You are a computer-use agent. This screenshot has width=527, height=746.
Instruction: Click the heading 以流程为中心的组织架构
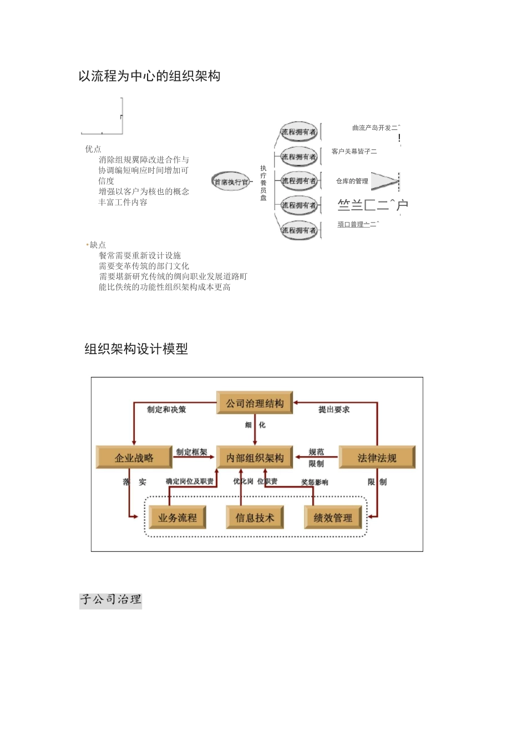149,76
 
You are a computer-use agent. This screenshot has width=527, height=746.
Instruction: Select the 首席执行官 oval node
231,182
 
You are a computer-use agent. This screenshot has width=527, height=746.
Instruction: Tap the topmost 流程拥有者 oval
298,132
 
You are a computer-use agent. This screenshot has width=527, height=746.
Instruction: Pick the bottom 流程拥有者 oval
298,230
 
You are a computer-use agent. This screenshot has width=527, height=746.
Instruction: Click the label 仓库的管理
352,181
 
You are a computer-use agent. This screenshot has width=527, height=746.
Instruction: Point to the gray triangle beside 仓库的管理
384,181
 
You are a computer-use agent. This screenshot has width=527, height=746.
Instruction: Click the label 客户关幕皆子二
354,151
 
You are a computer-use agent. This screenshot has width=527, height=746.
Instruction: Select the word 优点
93,149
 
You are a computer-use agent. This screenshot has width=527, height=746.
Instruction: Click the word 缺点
97,245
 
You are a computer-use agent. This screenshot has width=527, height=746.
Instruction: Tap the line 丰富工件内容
123,202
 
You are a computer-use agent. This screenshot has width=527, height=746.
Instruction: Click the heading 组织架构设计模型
136,349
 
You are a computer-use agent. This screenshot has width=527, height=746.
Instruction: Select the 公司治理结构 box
255,404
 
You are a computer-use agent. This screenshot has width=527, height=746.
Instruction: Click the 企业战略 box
134,457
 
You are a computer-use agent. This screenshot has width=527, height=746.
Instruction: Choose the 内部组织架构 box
255,457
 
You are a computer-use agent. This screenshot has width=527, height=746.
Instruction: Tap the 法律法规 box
377,457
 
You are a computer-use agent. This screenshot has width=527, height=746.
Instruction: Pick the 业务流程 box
177,517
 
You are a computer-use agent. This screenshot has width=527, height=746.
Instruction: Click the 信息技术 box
255,517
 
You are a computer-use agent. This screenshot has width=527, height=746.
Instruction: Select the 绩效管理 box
333,517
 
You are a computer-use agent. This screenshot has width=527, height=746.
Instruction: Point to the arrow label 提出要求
334,410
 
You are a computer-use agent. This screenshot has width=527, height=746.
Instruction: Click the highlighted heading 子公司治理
110,599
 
